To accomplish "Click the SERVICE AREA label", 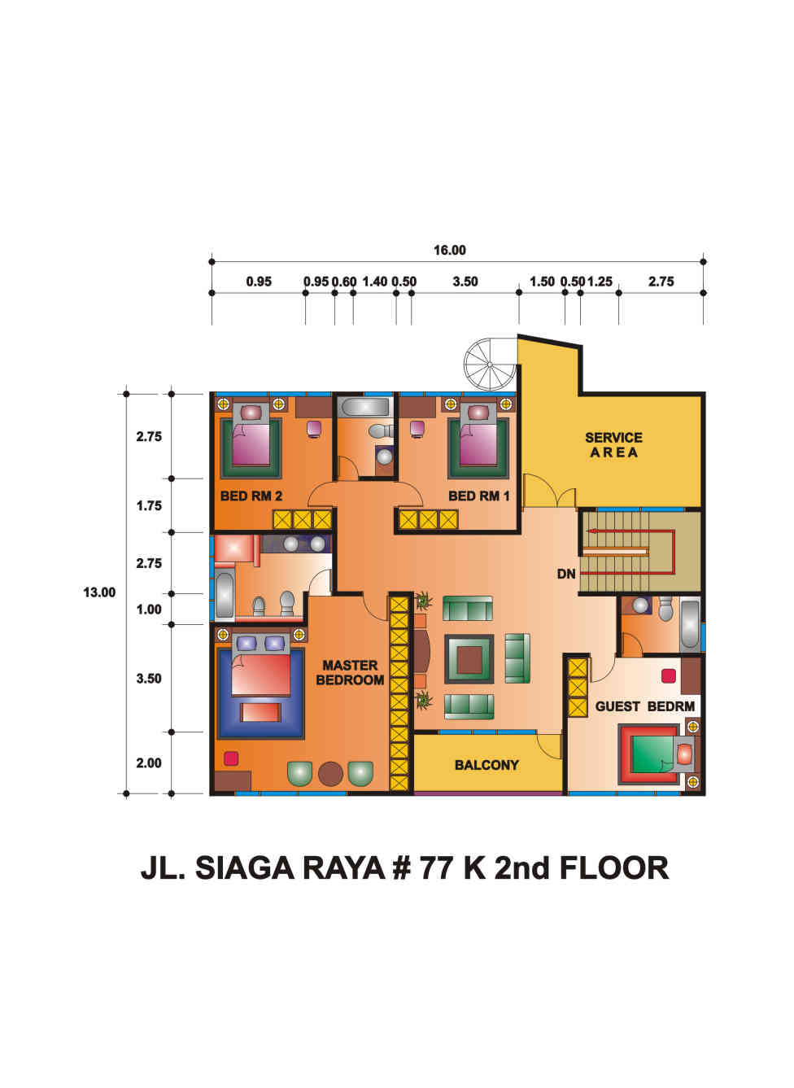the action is (x=613, y=445).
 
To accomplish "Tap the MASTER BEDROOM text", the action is (x=350, y=673).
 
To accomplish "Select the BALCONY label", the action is (x=486, y=765).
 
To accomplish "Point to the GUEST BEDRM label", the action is (x=645, y=706).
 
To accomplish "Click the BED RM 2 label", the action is (x=251, y=496).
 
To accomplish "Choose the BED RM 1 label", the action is (x=479, y=496).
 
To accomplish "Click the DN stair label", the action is (x=566, y=575).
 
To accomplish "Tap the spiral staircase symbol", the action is (x=490, y=365).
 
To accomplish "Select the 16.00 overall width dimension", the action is (x=450, y=250).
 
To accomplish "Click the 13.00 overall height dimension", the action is (x=99, y=592).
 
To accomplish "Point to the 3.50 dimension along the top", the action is (x=465, y=282).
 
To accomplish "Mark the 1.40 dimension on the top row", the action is (x=375, y=282).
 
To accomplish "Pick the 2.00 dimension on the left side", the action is (x=149, y=763).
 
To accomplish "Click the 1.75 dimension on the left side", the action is (x=149, y=505).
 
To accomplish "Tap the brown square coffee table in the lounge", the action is (x=469, y=659).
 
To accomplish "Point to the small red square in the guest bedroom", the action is (x=669, y=675).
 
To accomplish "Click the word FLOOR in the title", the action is (x=614, y=868).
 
